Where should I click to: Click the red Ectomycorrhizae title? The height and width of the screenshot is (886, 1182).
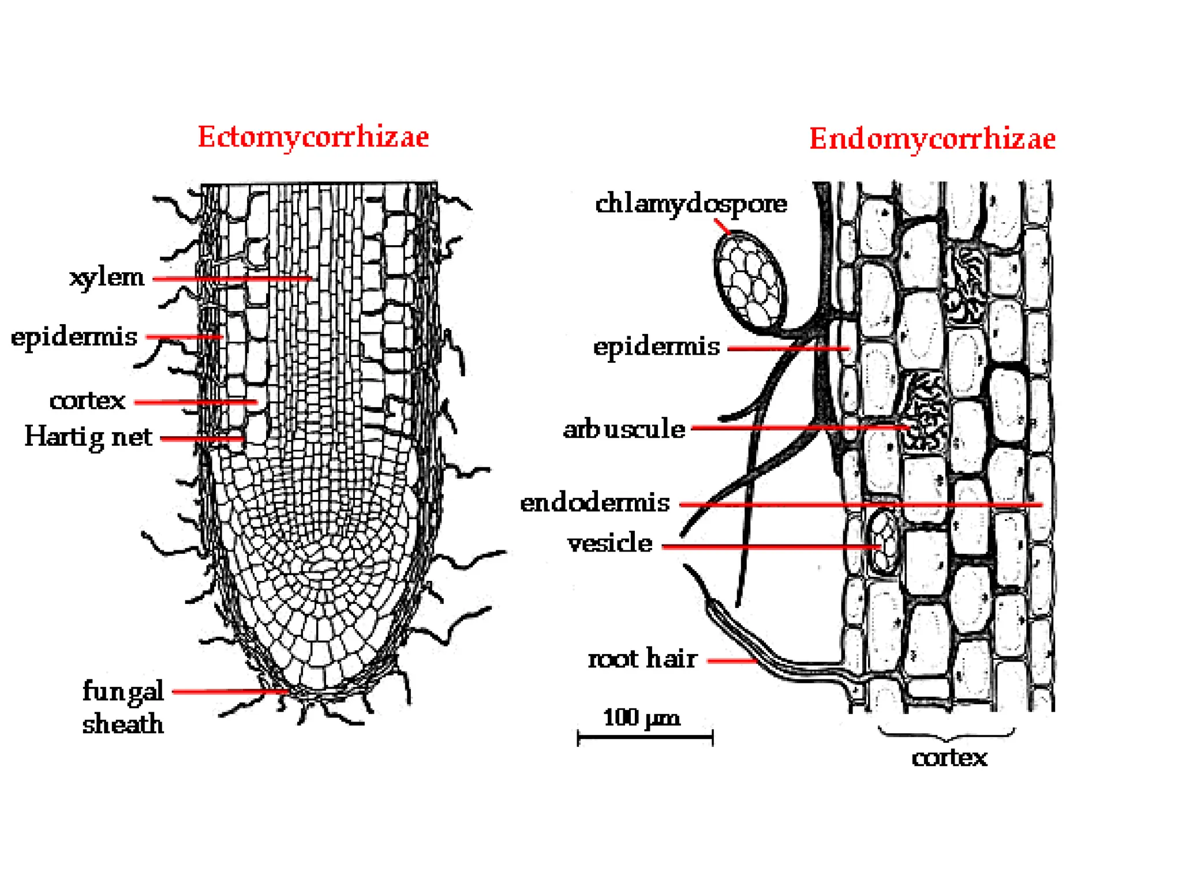click(x=313, y=137)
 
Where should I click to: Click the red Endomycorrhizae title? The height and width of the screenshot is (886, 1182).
click(x=932, y=139)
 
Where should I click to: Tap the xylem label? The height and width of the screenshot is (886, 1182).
click(x=107, y=277)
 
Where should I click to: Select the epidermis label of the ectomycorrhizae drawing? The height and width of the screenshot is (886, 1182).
click(x=74, y=337)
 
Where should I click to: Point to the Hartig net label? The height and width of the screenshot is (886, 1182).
click(x=88, y=437)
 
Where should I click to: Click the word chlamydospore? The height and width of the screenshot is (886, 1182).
click(x=691, y=204)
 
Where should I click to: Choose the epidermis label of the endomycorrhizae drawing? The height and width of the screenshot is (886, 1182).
click(x=657, y=347)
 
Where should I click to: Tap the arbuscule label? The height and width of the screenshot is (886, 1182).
click(x=624, y=429)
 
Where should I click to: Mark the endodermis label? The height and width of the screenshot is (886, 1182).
click(x=595, y=503)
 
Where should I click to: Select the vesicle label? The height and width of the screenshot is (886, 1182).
click(x=610, y=543)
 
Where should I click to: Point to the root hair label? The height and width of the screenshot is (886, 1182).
click(x=642, y=659)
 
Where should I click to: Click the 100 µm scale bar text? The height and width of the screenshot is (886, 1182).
click(x=642, y=718)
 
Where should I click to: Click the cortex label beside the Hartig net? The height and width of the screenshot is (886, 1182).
click(x=87, y=401)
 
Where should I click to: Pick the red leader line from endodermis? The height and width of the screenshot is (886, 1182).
click(x=860, y=505)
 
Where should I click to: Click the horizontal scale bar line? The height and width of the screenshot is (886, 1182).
click(x=645, y=737)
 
